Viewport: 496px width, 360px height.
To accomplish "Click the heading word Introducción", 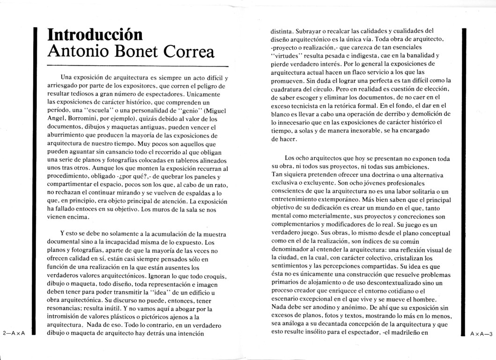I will pyautogui.click(x=95, y=35).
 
